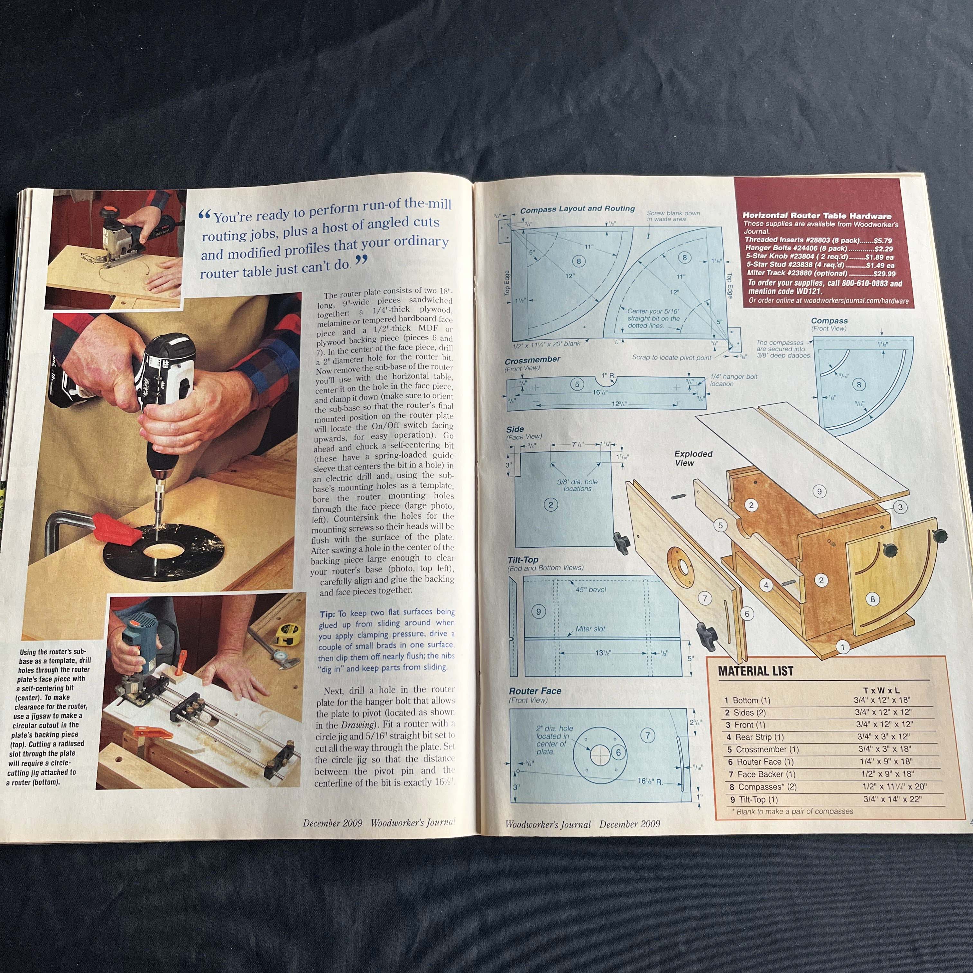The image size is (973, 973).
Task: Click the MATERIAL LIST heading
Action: tap(755, 671)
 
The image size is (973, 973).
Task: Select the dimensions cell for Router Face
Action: tap(886, 762)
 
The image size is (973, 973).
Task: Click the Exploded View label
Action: tap(693, 458)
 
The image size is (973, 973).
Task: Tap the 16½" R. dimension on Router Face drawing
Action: tap(650, 781)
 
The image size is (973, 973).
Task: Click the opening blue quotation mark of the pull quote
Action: tap(204, 216)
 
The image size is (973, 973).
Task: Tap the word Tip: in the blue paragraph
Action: tap(327, 615)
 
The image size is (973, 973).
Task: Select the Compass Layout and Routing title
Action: tap(577, 208)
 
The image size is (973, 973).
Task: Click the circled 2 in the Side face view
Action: tap(551, 504)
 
